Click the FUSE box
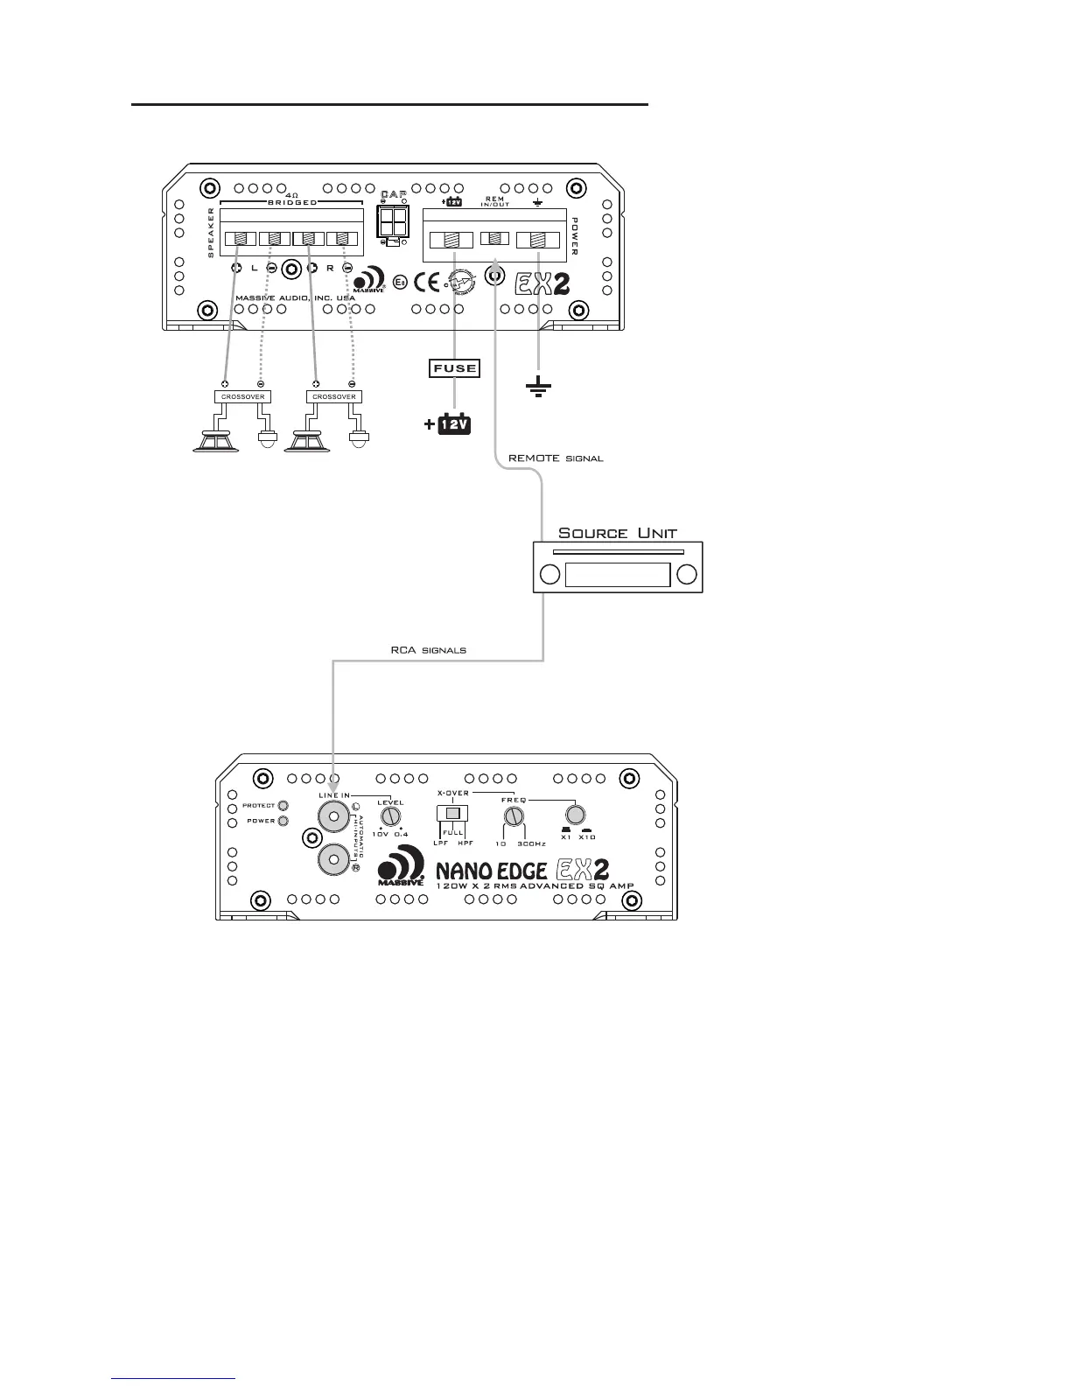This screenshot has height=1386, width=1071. pyautogui.click(x=454, y=368)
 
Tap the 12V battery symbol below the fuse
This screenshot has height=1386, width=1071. pyautogui.click(x=454, y=426)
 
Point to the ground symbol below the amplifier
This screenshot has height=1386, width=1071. pyautogui.click(x=538, y=386)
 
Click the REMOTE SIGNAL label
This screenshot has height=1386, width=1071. pyautogui.click(x=556, y=458)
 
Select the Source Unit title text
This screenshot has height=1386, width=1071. pyautogui.click(x=618, y=533)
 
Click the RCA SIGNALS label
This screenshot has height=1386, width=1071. pyautogui.click(x=428, y=650)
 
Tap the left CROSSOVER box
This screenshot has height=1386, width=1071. pyautogui.click(x=242, y=396)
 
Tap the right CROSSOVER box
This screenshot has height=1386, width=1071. pyautogui.click(x=334, y=396)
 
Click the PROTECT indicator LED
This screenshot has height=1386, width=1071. pyautogui.click(x=283, y=806)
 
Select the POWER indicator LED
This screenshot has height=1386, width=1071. pyautogui.click(x=283, y=822)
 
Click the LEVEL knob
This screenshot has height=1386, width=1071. pyautogui.click(x=390, y=816)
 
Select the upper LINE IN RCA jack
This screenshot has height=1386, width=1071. pyautogui.click(x=333, y=816)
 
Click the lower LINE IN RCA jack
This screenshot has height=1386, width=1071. pyautogui.click(x=333, y=859)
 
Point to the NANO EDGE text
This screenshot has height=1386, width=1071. pyautogui.click(x=491, y=870)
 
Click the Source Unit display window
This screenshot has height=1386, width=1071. pyautogui.click(x=618, y=575)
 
